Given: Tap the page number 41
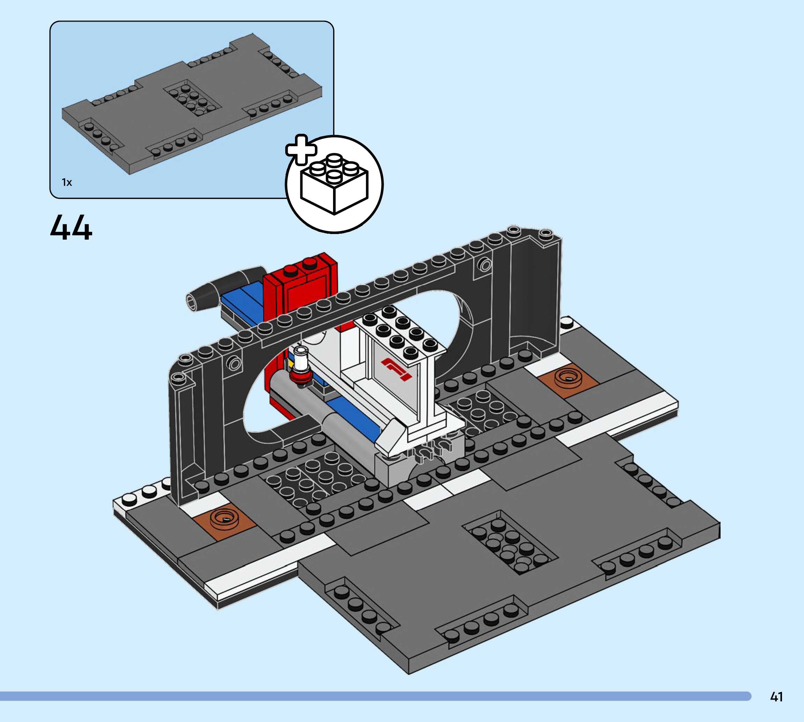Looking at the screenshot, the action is [776, 696].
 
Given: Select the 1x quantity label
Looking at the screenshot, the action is [67, 182].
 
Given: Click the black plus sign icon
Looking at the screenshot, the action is [301, 149].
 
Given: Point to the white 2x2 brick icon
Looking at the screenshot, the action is [334, 184].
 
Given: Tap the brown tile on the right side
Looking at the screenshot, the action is [567, 380].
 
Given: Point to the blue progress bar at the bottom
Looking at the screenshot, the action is [373, 696].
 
